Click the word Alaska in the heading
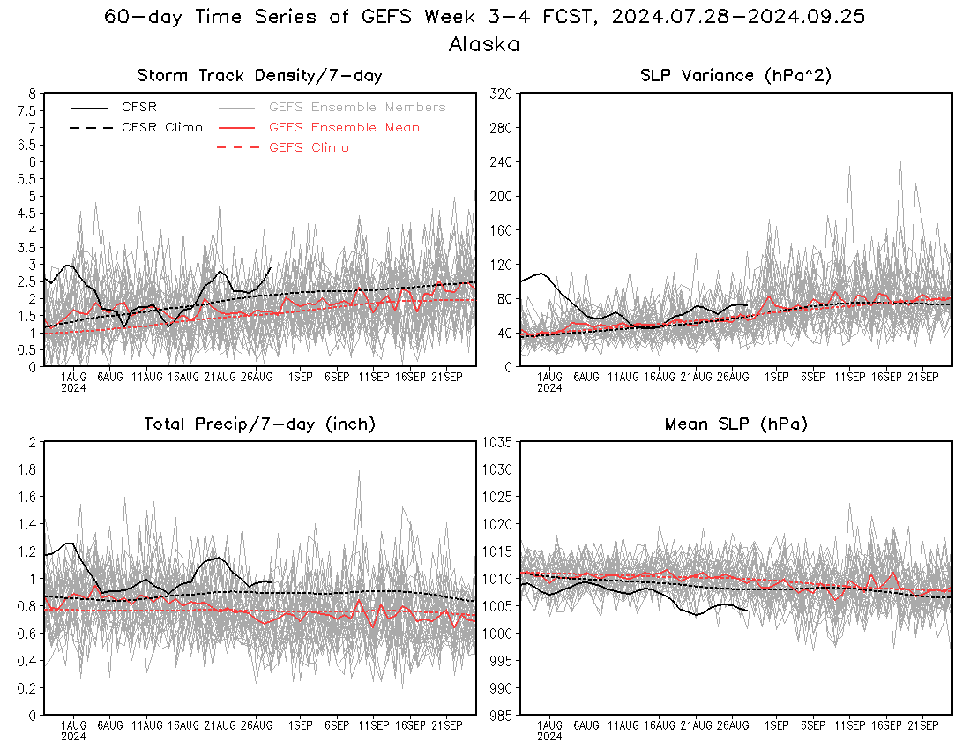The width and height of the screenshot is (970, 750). click(484, 44)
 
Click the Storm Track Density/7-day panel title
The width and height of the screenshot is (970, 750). click(259, 76)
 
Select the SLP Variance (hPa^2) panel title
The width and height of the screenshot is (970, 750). click(735, 76)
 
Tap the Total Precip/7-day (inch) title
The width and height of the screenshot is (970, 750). click(259, 424)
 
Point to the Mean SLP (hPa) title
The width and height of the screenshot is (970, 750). click(735, 424)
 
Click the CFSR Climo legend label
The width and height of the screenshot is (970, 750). click(162, 127)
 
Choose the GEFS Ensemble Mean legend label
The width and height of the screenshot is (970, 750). click(344, 127)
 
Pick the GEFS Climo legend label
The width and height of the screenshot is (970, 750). click(309, 148)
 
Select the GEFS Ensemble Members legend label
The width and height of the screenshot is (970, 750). click(357, 107)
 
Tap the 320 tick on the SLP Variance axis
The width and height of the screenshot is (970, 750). click(501, 94)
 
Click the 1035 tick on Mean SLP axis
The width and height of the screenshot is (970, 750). click(497, 442)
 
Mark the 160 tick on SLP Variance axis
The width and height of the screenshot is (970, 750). click(501, 230)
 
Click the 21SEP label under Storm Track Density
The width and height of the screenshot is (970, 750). click(447, 377)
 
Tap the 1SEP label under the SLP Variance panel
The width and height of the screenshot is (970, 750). click(776, 377)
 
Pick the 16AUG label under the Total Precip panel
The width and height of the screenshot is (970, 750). click(183, 725)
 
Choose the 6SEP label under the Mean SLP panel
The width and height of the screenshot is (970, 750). click(813, 725)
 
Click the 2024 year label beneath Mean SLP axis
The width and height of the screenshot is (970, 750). click(549, 737)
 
